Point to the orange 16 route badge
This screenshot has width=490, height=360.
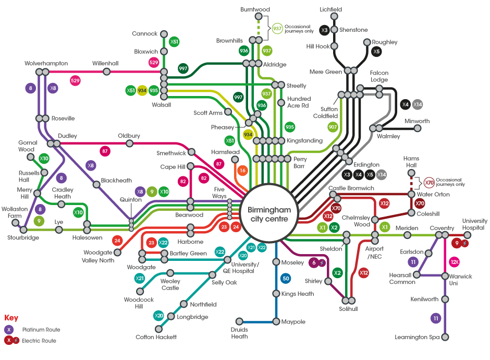click(242, 170)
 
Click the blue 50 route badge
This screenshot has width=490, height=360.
click(285, 279)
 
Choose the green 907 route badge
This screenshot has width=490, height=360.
click(333, 126)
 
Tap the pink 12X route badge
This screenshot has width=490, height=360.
click(455, 262)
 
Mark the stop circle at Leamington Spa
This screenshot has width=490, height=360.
click(445, 337)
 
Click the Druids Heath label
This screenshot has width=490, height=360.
click(239, 333)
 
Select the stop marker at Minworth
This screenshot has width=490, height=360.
click(418, 128)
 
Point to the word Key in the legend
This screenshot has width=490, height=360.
click(11, 318)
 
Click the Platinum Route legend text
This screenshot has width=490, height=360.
click(41, 330)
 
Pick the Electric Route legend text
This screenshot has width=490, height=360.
click(39, 341)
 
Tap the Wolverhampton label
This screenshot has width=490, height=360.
click(46, 63)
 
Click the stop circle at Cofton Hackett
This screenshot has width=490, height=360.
click(159, 329)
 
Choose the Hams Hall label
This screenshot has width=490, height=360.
click(411, 162)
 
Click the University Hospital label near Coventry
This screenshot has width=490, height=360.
click(474, 224)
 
